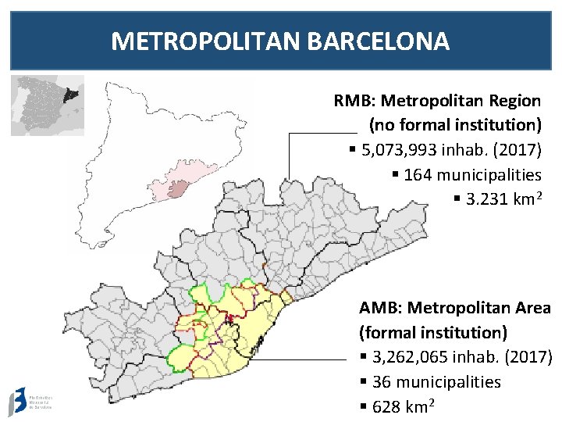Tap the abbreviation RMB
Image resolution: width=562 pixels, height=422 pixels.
[x=348, y=101]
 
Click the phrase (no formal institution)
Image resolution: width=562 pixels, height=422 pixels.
[x=455, y=125]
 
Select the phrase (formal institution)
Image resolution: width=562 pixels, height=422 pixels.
[x=433, y=333]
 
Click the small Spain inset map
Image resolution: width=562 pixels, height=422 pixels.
[x=47, y=105]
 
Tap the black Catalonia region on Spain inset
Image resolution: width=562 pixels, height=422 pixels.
[x=71, y=95]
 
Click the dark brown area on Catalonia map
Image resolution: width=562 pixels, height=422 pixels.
[x=179, y=188]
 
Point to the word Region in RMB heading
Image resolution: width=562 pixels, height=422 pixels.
[x=512, y=101]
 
